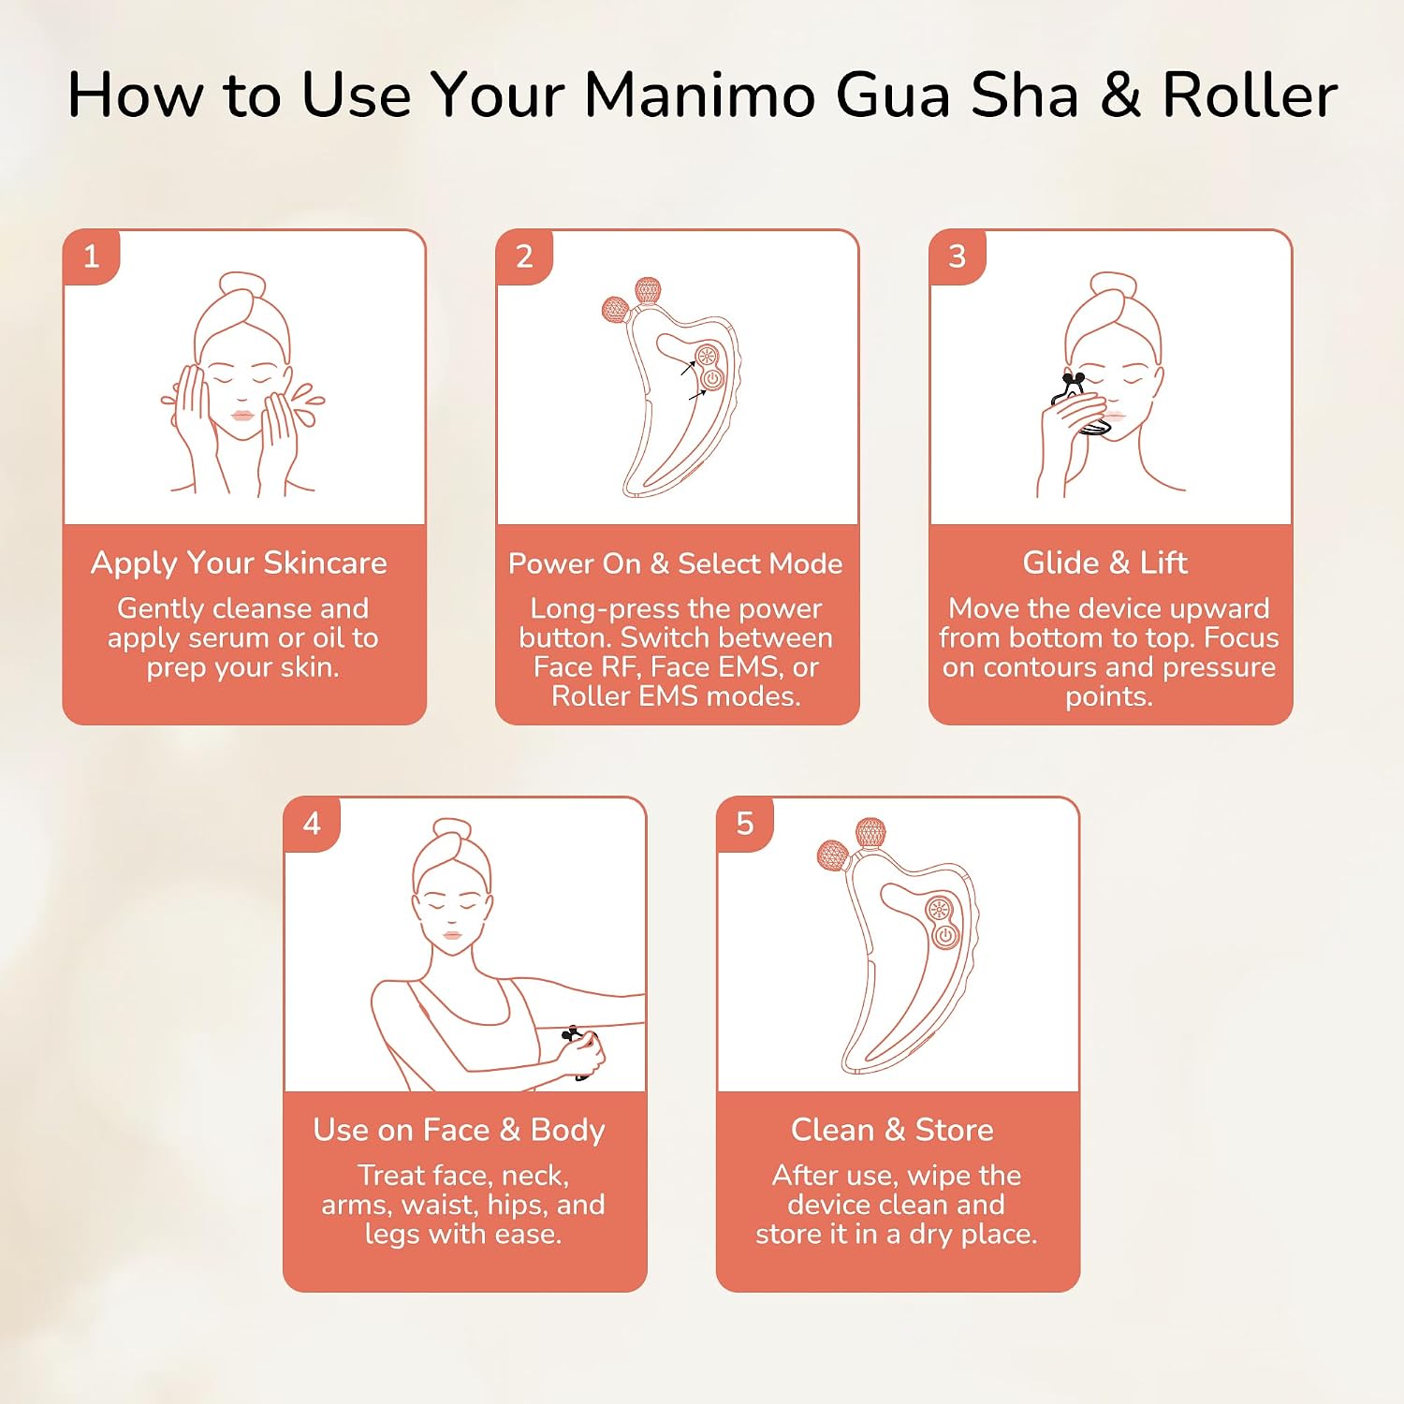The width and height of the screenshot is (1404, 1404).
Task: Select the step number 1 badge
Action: point(91,256)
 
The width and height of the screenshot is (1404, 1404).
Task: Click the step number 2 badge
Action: point(524,256)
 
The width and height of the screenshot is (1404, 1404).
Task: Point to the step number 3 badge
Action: point(958,256)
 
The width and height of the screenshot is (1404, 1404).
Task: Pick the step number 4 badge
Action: point(312,824)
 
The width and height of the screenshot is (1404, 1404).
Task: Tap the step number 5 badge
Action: point(745,824)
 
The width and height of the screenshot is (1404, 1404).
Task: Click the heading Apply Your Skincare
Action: point(239,563)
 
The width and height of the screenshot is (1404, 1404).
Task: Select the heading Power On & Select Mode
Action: point(675,563)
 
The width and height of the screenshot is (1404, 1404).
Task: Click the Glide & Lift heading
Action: point(1105,563)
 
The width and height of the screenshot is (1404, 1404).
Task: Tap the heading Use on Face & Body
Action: point(459,1131)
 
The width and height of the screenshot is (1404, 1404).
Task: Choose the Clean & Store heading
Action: point(892,1130)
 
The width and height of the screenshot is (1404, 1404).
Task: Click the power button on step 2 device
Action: point(712,379)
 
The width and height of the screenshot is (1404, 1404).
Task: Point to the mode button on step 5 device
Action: point(938,909)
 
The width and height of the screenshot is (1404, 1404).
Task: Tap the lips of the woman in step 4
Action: point(451,934)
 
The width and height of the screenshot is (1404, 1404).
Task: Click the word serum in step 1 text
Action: point(231,638)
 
